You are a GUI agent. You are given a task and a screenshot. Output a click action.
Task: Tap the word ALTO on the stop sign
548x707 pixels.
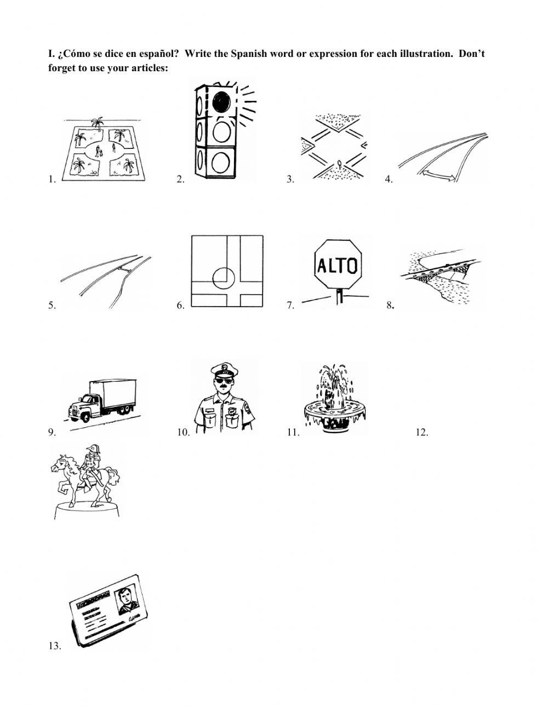(x=337, y=266)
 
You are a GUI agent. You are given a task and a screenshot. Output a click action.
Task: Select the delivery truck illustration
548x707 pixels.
(x=101, y=400)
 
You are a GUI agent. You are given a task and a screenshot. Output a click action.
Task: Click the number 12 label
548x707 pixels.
(x=421, y=433)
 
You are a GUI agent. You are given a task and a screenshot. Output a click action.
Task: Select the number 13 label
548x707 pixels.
(x=54, y=646)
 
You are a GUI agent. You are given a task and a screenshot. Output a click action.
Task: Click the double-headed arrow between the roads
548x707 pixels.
(x=437, y=174)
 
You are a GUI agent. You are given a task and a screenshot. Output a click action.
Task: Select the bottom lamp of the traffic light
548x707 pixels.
(x=222, y=162)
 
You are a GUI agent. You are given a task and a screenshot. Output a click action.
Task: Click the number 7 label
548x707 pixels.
(x=290, y=306)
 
